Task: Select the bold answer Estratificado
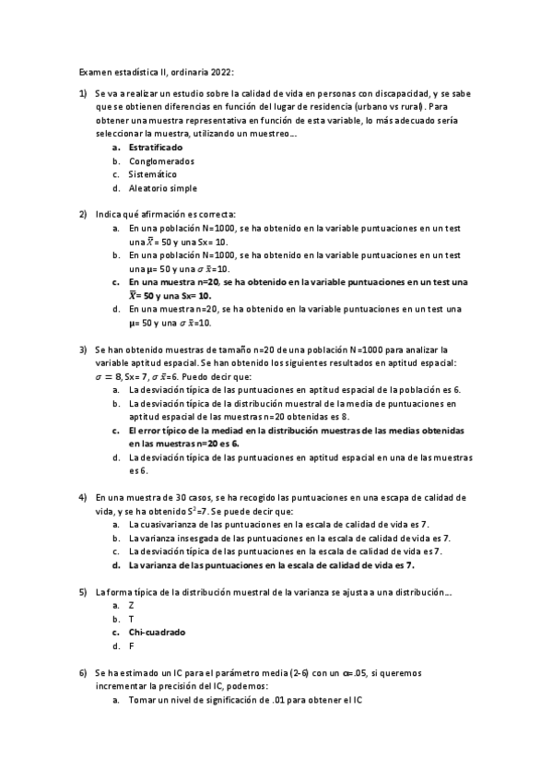[x=156, y=147]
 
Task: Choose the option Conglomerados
[x=155, y=160]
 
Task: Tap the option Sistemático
[x=153, y=174]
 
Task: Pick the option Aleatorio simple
[x=163, y=188]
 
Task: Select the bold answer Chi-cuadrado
[x=158, y=633]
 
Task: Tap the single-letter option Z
[x=132, y=605]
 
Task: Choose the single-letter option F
[x=132, y=646]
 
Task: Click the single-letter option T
[x=132, y=619]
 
